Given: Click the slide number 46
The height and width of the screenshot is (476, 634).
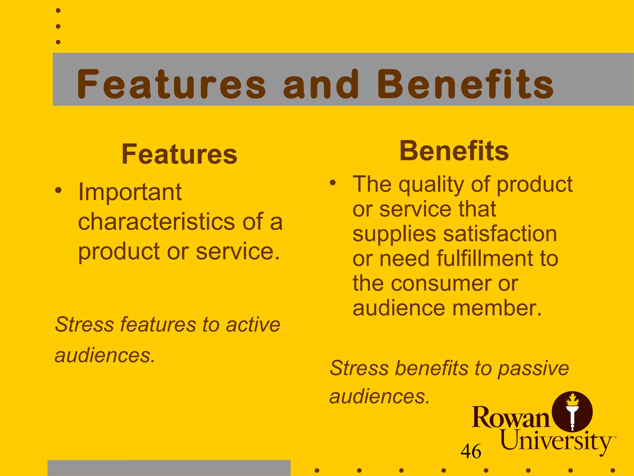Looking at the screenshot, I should tap(471, 451).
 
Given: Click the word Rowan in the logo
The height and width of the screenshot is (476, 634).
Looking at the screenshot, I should tap(510, 417).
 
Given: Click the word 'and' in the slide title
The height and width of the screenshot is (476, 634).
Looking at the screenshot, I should tap(321, 84).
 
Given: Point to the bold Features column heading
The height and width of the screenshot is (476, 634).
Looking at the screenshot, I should tap(179, 154).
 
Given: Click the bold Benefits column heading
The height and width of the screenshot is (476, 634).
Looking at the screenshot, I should tap(454, 151).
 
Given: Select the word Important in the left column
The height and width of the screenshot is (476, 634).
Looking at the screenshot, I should tap(130, 192).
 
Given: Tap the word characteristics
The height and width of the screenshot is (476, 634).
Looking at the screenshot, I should tap(156, 222).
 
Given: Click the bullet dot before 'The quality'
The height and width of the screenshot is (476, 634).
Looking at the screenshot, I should tap(332, 183).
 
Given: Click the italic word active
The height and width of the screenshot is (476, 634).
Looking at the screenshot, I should tap(253, 324).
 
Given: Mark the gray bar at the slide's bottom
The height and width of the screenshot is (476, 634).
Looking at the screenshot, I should tap(169, 468).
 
